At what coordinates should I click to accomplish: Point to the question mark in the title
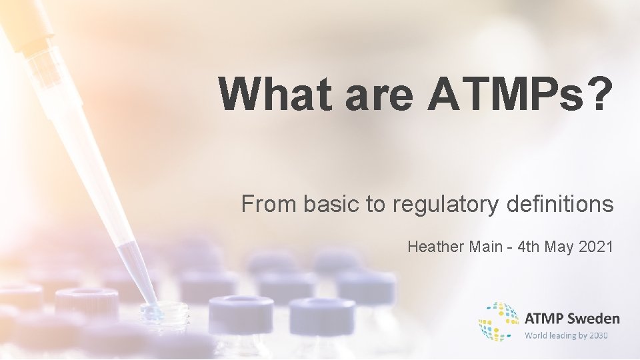coord(598,95)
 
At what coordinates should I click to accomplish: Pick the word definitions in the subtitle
coord(559,203)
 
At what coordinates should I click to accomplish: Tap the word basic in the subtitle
coord(332,203)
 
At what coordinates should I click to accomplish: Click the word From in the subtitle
coord(269,203)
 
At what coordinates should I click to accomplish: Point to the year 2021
coord(597,247)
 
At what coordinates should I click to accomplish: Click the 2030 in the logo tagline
coord(599,335)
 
